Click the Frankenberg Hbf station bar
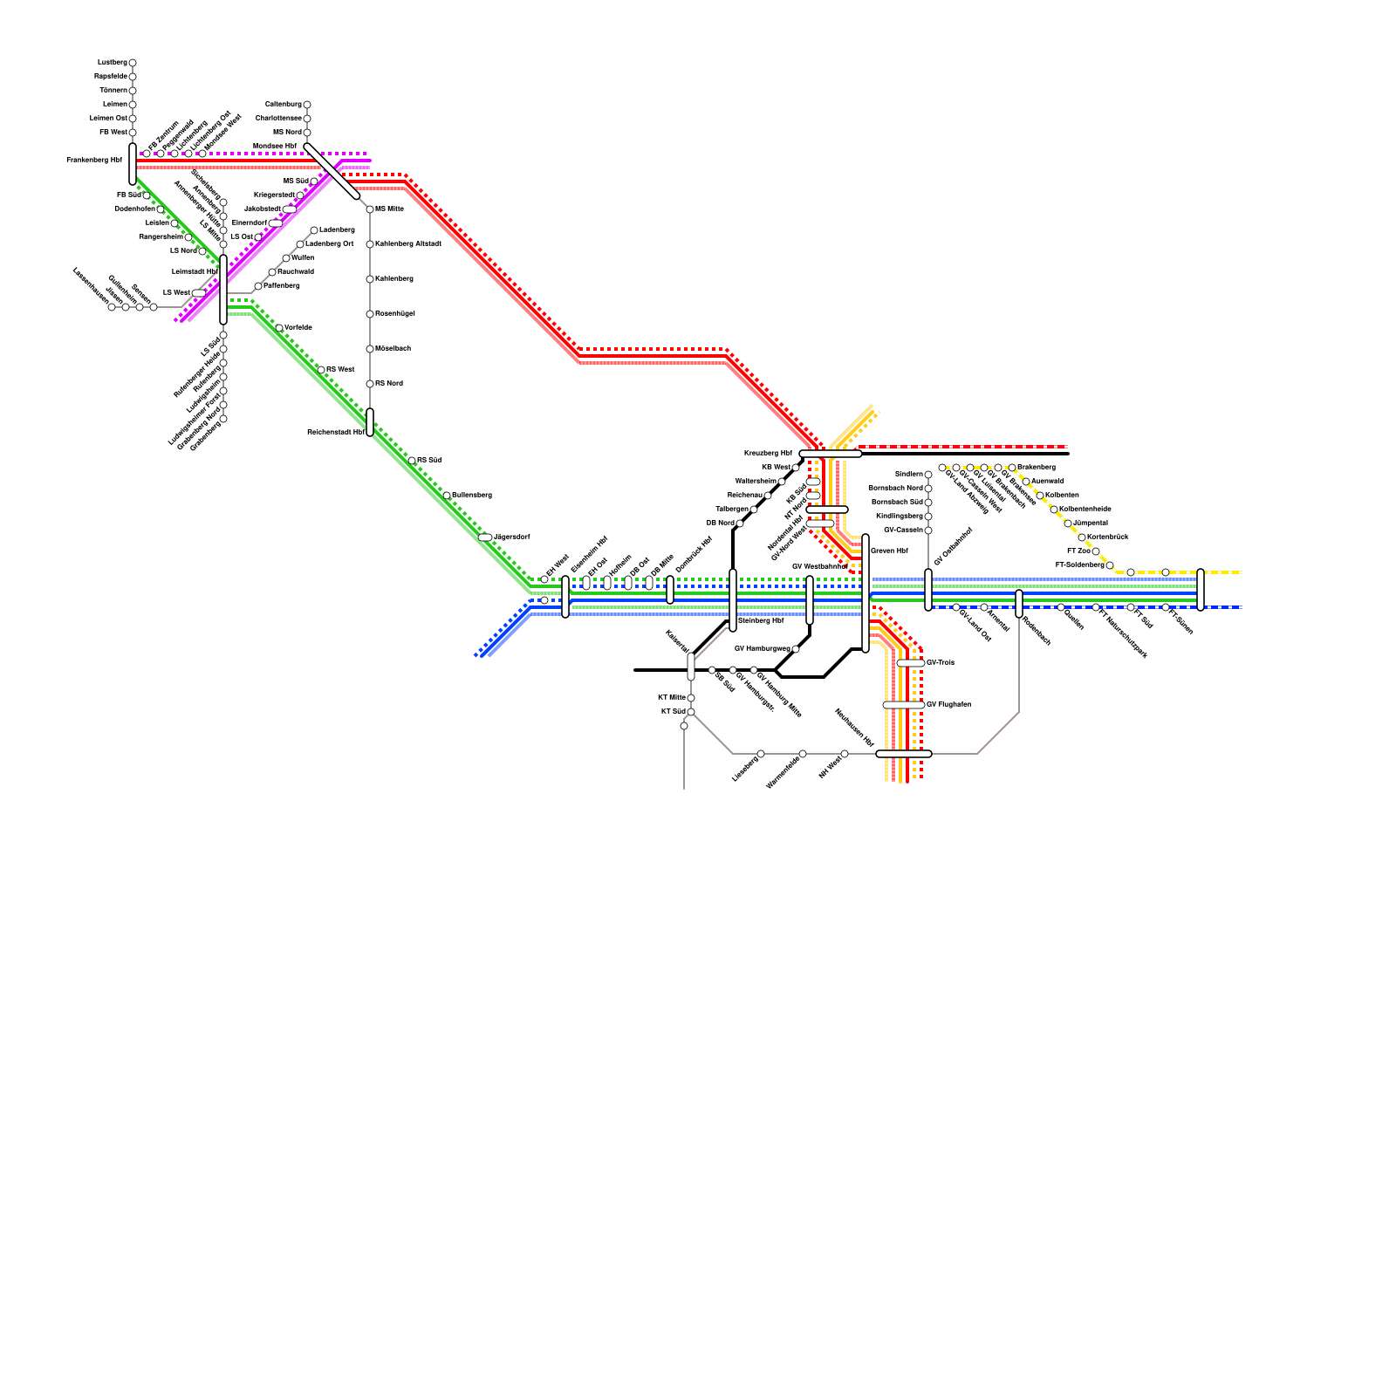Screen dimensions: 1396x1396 133,163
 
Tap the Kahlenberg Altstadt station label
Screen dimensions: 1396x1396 408,244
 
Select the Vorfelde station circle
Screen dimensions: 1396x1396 279,328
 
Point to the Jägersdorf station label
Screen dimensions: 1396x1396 512,537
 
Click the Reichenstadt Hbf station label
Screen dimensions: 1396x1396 335,432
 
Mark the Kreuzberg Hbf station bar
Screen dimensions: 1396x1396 830,454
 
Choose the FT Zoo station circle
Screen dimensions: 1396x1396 1096,551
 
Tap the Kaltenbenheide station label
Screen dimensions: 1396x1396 1085,510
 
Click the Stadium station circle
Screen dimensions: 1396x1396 928,475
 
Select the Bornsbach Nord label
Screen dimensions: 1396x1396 895,489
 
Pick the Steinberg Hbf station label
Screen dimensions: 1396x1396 761,621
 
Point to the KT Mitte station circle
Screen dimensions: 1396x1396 691,698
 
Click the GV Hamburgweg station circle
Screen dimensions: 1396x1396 796,649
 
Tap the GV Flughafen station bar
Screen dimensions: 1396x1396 903,705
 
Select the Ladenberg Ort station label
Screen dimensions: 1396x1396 330,244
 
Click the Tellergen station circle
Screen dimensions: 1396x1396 754,510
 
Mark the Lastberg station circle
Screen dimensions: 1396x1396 133,63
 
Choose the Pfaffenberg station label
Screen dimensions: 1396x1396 282,286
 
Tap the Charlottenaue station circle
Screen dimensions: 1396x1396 307,119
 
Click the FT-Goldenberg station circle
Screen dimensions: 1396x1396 1110,565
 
